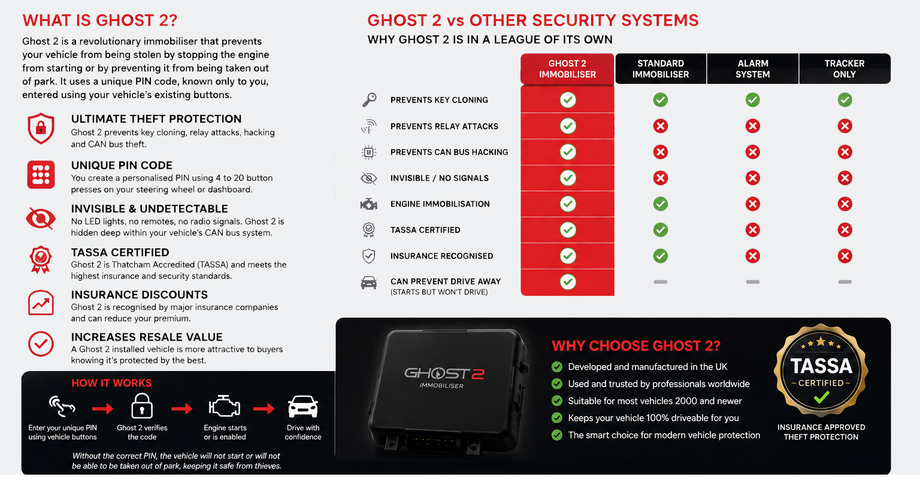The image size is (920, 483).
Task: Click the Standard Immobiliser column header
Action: tap(661, 69)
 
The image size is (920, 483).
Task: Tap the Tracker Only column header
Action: tap(845, 69)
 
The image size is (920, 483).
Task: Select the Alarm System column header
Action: tap(752, 69)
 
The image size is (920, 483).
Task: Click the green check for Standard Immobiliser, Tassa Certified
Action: tap(661, 230)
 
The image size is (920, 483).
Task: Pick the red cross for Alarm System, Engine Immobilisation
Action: tap(752, 204)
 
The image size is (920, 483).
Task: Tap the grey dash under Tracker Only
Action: tap(845, 282)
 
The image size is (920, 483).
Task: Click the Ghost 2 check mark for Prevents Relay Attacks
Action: tap(568, 126)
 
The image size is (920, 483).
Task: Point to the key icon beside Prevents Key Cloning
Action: tap(369, 100)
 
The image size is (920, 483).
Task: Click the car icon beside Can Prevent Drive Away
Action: tap(369, 282)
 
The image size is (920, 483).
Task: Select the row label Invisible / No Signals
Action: tap(440, 178)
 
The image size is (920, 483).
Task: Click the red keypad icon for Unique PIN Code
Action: tap(41, 174)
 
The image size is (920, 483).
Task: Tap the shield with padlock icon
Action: tap(41, 129)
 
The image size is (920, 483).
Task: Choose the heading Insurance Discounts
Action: tap(139, 294)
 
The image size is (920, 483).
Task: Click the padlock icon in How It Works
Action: tap(142, 406)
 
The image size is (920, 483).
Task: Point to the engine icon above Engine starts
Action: tap(224, 406)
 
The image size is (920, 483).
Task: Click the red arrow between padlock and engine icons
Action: tap(182, 408)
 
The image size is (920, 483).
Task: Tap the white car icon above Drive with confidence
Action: tap(303, 406)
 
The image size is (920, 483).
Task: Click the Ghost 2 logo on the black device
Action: tap(444, 373)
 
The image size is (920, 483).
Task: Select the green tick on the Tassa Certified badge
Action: tap(821, 397)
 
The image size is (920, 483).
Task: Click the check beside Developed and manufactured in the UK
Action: tap(557, 367)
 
